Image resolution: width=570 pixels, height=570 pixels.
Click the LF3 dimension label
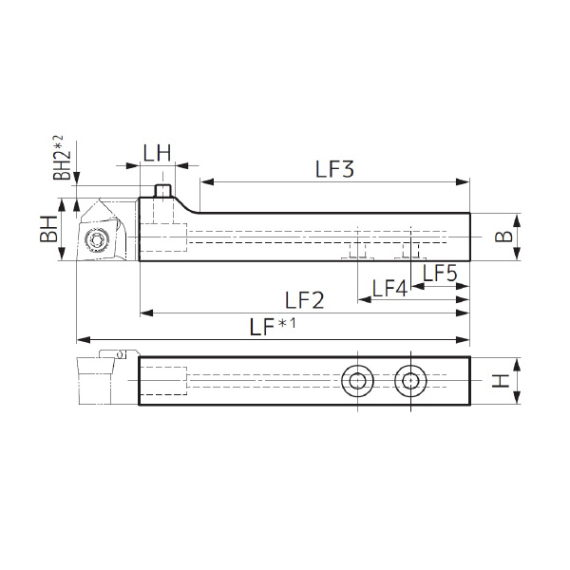[x=334, y=170]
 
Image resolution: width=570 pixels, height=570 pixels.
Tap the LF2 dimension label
[x=305, y=299]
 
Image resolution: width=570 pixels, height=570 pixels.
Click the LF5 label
[x=440, y=275]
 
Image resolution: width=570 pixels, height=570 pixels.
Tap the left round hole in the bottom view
[x=358, y=381]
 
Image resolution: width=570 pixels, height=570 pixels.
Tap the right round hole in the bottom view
[x=411, y=381]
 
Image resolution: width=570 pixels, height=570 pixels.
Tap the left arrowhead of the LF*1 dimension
[x=82, y=339]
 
